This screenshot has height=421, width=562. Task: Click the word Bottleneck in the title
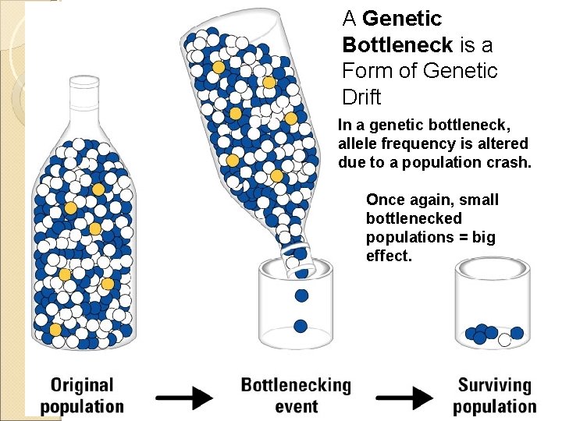[x=396, y=44]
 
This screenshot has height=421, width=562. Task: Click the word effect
[x=388, y=256]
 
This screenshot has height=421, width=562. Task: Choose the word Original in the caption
[x=81, y=385]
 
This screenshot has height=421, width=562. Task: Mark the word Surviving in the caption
[x=495, y=385]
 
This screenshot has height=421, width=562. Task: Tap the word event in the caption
[x=297, y=405]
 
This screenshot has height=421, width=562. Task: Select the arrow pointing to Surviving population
[x=404, y=397]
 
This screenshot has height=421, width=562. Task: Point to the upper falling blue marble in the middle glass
[x=301, y=295]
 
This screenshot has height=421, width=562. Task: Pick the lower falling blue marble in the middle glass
[x=301, y=326]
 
